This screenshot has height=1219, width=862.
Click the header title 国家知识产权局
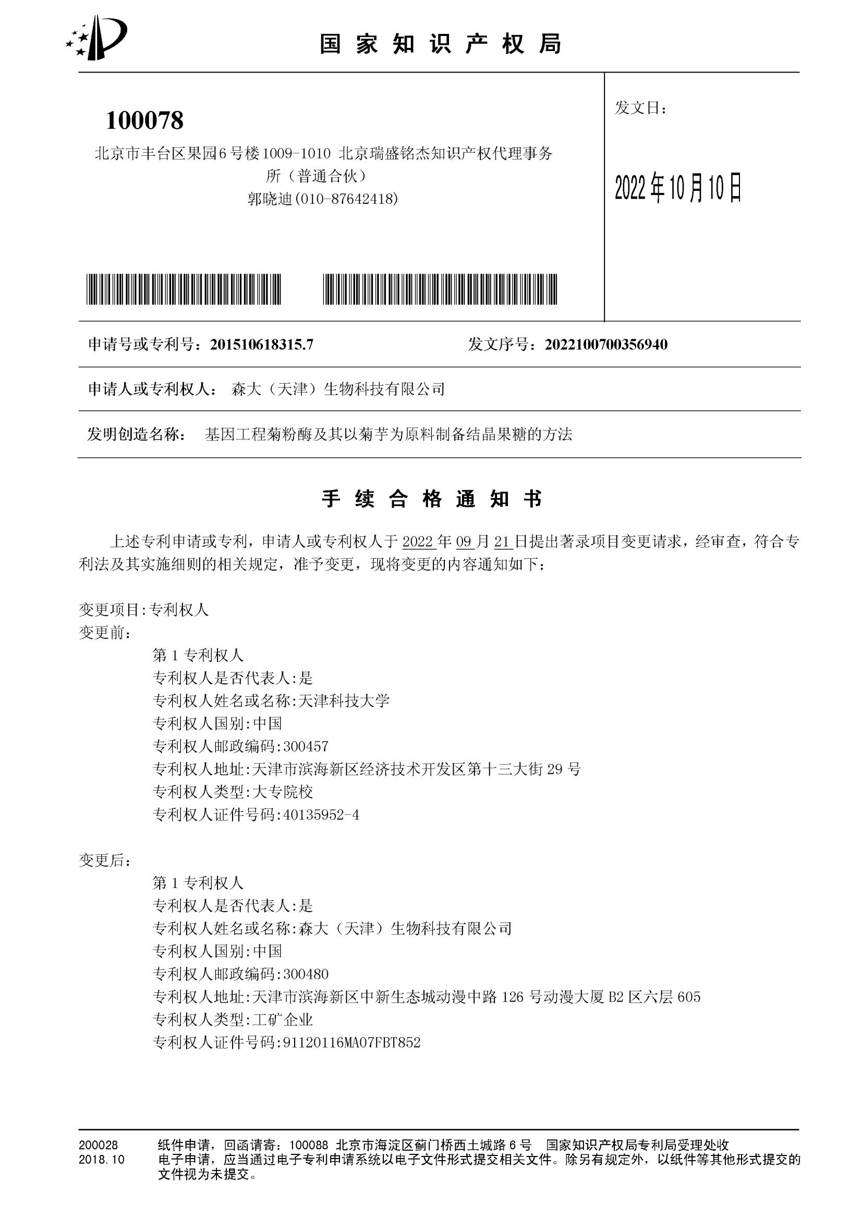(x=440, y=44)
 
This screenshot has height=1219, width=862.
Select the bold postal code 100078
(x=144, y=120)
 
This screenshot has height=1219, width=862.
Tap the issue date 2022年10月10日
(x=678, y=189)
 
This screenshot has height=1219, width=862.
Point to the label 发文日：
(x=640, y=108)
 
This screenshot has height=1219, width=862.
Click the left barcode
(x=184, y=289)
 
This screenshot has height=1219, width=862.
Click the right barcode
(x=440, y=289)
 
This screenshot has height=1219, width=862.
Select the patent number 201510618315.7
(x=261, y=344)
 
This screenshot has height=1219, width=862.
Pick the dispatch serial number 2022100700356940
(x=606, y=344)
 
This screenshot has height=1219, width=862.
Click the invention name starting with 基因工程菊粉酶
(x=388, y=435)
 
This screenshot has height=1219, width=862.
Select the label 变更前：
(x=105, y=633)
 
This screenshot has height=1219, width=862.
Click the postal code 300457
(x=306, y=746)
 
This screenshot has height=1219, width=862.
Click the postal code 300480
(x=306, y=974)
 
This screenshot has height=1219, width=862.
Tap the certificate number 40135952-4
(x=321, y=815)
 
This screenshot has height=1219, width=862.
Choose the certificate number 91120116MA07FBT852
(x=351, y=1042)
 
